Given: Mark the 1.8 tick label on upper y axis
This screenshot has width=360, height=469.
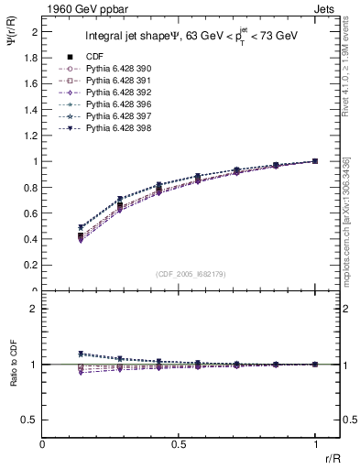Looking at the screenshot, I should tap(31, 57).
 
